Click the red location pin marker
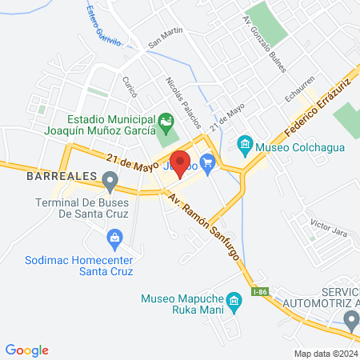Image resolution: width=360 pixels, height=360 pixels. click(181, 163)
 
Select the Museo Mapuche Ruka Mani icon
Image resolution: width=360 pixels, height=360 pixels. click(234, 302)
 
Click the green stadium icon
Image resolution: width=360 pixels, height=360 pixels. click(166, 124)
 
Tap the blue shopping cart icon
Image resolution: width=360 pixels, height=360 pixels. click(209, 164)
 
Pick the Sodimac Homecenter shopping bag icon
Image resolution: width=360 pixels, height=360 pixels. click(114, 238)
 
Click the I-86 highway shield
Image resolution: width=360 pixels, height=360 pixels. click(259, 294)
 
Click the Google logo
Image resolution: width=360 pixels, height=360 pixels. click(27, 350)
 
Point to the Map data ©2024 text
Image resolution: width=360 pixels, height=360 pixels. click(325, 353)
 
